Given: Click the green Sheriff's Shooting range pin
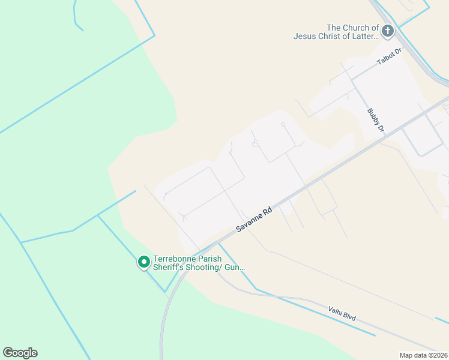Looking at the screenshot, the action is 144,262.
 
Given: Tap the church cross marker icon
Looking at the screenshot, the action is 388,31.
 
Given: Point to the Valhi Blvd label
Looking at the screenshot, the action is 343,313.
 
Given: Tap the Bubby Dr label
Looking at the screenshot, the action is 376,119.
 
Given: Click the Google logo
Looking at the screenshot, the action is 20,353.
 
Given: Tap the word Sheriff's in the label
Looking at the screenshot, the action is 171,267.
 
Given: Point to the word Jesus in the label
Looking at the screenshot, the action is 306,36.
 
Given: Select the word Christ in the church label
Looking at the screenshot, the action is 333,36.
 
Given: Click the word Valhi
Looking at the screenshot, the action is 337,311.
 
